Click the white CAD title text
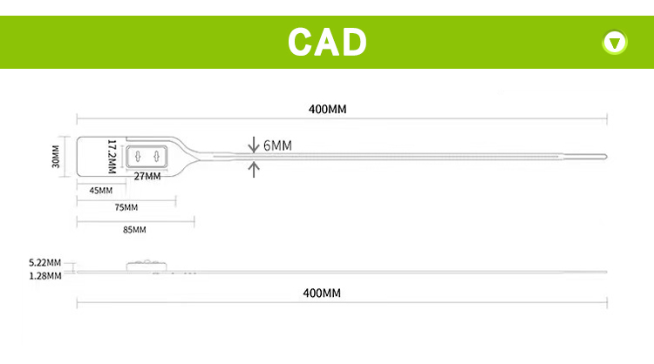327,40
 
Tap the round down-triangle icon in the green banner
616,41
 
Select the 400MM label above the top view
327,110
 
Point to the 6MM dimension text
277,145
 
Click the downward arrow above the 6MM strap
254,143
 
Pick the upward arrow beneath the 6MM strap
254,169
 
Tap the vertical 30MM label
56,157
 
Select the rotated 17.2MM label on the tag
112,156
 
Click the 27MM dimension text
147,177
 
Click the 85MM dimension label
133,230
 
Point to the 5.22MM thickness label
44,262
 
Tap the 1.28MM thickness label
44,276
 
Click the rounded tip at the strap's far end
603,157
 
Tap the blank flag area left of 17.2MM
91,157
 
